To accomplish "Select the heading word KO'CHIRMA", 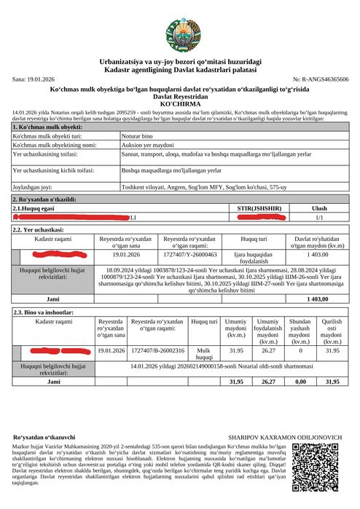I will pyautogui.click(x=180, y=104).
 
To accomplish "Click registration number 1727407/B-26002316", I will pyautogui.click(x=157, y=350).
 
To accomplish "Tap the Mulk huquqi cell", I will pyautogui.click(x=203, y=353).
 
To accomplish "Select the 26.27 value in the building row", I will pyautogui.click(x=267, y=350).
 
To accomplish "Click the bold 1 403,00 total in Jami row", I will pyautogui.click(x=318, y=299).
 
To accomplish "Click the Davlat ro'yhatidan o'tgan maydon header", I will pyautogui.click(x=318, y=242).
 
